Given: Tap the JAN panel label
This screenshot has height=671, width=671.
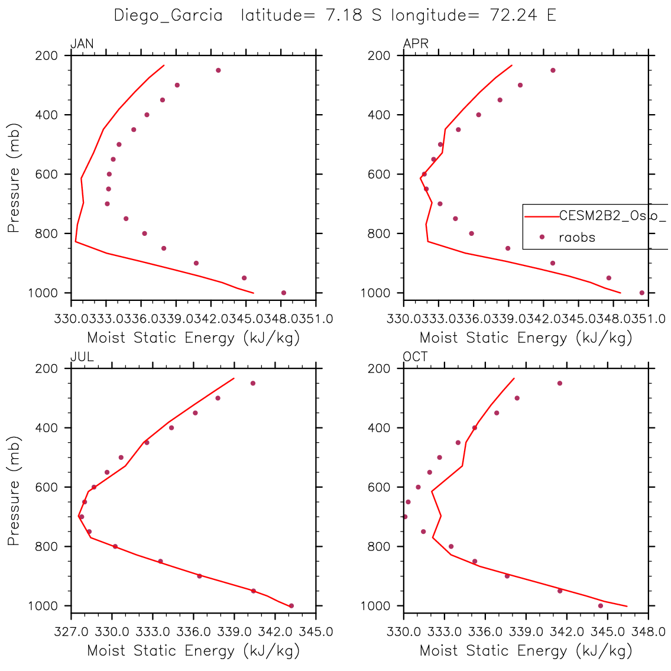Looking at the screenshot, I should click(82, 44).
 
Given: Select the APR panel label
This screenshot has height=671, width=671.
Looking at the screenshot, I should click(416, 44).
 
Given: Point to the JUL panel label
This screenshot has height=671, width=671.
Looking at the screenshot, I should click(82, 357).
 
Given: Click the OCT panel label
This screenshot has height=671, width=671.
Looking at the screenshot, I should click(416, 357).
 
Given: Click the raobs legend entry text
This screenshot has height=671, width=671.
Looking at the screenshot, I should click(577, 238).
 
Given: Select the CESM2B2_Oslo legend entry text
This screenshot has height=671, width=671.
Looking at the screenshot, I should click(612, 216).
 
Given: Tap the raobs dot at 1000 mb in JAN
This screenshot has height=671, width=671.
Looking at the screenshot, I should click(284, 293).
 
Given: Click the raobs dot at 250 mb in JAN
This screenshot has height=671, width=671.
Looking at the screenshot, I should click(218, 70).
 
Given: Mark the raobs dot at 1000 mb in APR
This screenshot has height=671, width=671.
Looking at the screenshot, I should click(642, 293).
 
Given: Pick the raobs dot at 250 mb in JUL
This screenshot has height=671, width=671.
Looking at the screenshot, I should click(253, 383).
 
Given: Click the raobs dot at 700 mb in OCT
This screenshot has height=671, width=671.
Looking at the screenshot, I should click(405, 517).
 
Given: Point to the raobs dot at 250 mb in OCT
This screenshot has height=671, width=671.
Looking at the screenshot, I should click(560, 383).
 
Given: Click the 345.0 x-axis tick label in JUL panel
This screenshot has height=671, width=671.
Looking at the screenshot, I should click(316, 631).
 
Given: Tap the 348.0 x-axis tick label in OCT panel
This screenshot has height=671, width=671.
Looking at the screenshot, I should click(649, 631).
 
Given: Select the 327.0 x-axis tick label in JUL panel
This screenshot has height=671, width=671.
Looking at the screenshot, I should click(70, 631).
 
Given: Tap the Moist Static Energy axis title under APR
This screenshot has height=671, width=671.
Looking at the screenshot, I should click(526, 338).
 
